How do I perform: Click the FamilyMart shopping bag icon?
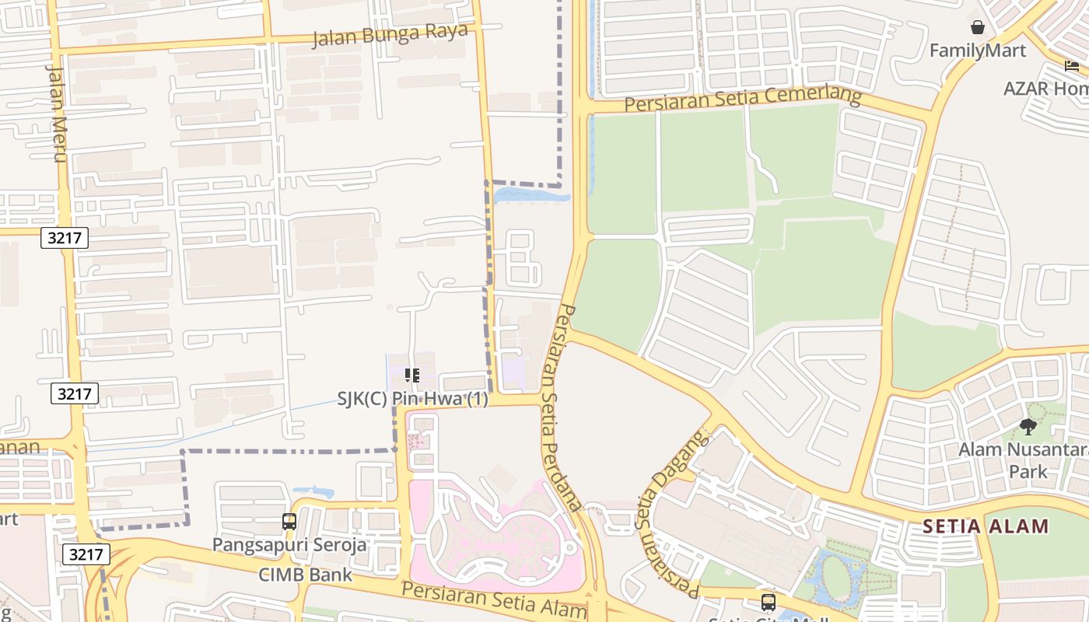(978, 28)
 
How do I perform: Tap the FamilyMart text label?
(978, 51)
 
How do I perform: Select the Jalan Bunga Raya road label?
(390, 34)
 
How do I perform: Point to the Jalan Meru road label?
(57, 113)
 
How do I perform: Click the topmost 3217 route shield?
(65, 238)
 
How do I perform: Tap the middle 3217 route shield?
(75, 393)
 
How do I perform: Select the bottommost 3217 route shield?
(86, 554)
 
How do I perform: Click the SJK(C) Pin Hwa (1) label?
(412, 399)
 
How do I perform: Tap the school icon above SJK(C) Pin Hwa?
(412, 376)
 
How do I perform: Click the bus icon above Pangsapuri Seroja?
(289, 522)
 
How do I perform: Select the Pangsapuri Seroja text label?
(289, 544)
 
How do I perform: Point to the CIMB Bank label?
(306, 575)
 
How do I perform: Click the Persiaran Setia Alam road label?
(494, 600)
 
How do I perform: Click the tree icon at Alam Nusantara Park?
(1028, 426)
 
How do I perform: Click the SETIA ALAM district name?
(986, 526)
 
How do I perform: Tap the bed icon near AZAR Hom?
(1072, 66)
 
